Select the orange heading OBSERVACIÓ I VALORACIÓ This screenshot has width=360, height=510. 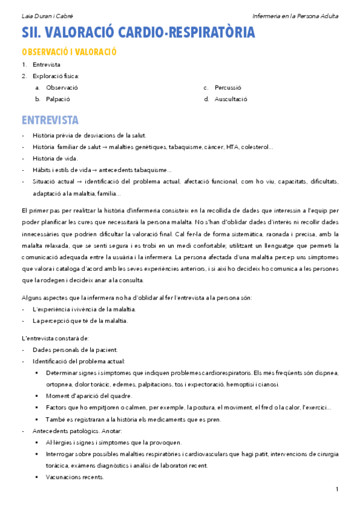coord(68,52)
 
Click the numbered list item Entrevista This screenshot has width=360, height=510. coord(46,64)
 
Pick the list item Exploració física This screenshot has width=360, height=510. coord(56,76)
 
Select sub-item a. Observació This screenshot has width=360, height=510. coord(61,87)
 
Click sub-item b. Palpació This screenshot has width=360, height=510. coord(58,99)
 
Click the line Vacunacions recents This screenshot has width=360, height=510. coord(74,477)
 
